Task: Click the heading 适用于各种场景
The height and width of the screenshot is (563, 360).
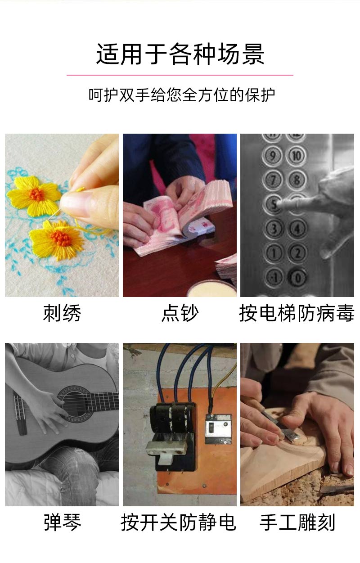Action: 180,54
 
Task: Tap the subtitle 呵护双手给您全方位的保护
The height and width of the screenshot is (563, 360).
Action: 181,95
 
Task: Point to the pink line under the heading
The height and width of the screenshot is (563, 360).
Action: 180,75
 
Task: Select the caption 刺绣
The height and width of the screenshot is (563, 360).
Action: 62,313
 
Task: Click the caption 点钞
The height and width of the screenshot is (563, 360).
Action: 180,313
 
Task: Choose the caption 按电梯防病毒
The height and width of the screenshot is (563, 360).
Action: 297,313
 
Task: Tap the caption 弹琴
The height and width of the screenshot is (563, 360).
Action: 62,522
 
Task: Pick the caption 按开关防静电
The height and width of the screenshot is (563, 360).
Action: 178,522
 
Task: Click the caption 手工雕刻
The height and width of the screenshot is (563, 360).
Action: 297,522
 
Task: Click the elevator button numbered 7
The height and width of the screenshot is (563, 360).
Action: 273,180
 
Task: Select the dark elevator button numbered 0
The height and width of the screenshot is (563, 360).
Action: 297,276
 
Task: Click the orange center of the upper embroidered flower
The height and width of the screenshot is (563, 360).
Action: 37,194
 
